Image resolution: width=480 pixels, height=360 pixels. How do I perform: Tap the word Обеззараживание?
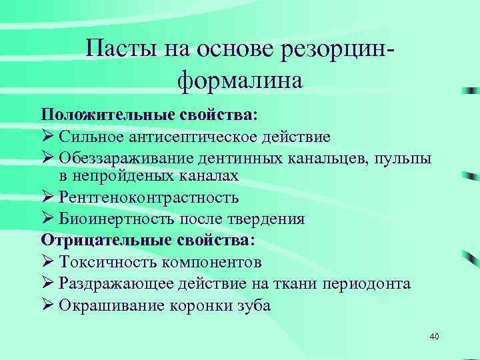coord(125,159)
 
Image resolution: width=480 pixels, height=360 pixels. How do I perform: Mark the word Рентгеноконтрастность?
coord(149,198)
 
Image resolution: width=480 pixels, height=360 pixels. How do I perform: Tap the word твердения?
coord(269,219)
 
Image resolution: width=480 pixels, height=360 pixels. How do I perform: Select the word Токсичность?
coord(102,262)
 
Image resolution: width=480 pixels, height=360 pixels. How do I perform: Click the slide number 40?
coord(434,337)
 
